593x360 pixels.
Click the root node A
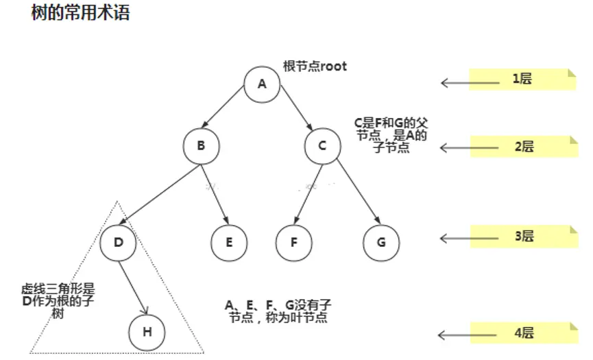pos(261,84)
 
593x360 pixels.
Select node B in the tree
pos(201,145)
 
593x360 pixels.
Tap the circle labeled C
pos(322,145)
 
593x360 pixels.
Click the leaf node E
pos(229,242)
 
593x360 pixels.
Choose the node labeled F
pos(294,242)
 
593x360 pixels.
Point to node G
pos(381,242)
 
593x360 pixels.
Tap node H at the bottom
pos(147,332)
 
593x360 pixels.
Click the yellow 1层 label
pos(522,79)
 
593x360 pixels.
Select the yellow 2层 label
pos(522,146)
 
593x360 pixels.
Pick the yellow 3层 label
pos(522,237)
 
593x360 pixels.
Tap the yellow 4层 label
pos(522,334)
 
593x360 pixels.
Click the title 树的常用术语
pos(80,13)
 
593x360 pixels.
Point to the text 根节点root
pos(315,67)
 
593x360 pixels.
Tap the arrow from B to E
pos(215,193)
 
